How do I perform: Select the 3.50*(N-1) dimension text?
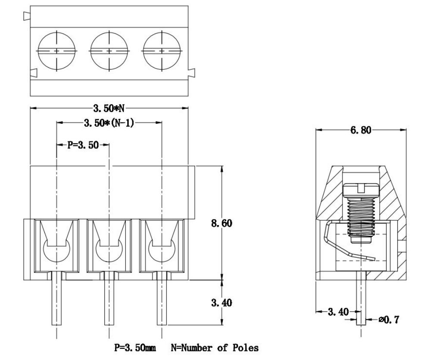(x=109, y=123)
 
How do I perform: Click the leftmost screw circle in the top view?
(x=57, y=51)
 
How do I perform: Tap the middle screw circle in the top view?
(x=109, y=51)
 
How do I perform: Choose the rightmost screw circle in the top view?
(x=162, y=51)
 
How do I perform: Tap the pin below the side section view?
(x=361, y=302)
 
